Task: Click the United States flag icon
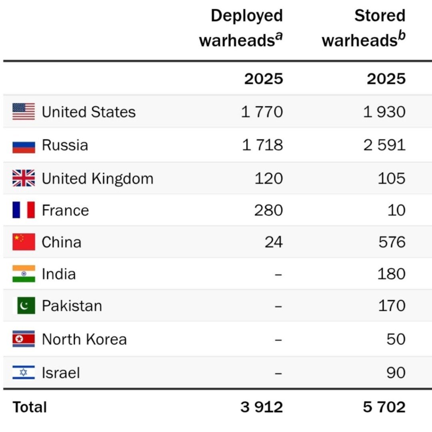click(x=24, y=112)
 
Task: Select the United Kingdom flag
click(x=24, y=178)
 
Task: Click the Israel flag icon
click(x=24, y=372)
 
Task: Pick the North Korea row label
click(x=84, y=339)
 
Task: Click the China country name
click(x=62, y=242)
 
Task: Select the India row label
click(x=59, y=274)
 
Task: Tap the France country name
click(x=65, y=210)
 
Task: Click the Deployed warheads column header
click(x=241, y=28)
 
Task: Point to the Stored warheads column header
click(x=364, y=28)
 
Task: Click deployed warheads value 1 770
click(x=262, y=112)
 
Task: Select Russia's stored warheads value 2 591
click(x=385, y=145)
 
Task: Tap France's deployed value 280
click(x=269, y=210)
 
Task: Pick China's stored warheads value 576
click(x=392, y=242)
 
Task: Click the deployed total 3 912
click(x=262, y=407)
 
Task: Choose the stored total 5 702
click(x=384, y=407)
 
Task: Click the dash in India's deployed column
click(x=278, y=275)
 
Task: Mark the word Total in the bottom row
click(x=30, y=407)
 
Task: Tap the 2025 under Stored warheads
click(x=386, y=79)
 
